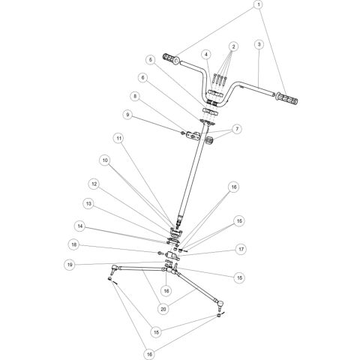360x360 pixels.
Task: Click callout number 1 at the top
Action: click(259, 6)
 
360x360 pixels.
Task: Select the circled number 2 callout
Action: click(234, 46)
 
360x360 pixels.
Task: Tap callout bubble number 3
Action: click(258, 45)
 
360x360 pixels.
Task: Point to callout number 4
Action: click(204, 54)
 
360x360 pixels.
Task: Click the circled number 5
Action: click(150, 59)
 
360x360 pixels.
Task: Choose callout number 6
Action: click(142, 77)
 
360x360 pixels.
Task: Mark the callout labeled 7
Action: click(238, 129)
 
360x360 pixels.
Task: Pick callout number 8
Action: click(134, 96)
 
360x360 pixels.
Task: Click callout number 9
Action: click(127, 115)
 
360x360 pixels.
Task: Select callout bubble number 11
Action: click(118, 138)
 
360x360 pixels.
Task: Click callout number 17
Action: click(241, 249)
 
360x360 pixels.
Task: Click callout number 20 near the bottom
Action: click(162, 307)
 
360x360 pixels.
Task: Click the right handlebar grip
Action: click(288, 98)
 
